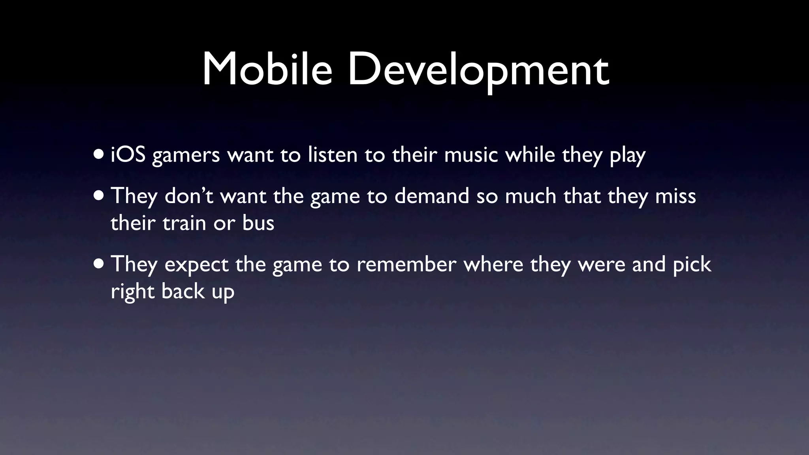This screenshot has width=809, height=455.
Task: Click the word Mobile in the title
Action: pos(267,70)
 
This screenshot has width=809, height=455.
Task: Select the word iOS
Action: pos(128,154)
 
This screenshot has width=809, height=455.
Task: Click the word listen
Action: pos(333,154)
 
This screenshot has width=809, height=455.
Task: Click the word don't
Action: pos(189,196)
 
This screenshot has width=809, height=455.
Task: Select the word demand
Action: pos(431,196)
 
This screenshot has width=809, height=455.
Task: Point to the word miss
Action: pos(675,196)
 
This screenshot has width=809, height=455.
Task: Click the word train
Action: pos(184,223)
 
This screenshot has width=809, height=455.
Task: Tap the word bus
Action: pos(258,223)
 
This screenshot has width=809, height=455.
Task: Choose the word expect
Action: pos(196,265)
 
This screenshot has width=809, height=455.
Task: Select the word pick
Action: pos(692,265)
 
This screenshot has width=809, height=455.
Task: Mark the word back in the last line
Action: pos(183,291)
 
